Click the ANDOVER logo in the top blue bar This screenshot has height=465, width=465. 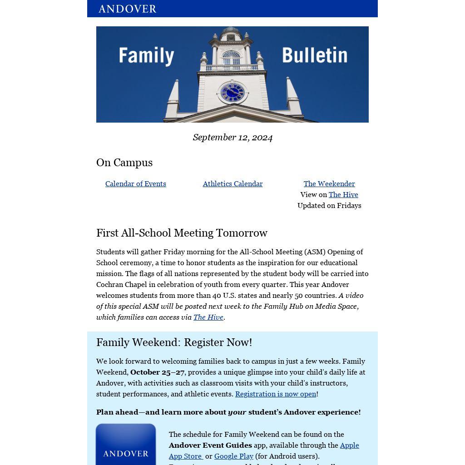point(127,9)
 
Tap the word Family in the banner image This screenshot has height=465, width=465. point(146,56)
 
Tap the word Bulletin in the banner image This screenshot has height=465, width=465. point(315,55)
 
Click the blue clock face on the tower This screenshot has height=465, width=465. point(232,93)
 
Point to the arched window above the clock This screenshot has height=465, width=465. point(231,58)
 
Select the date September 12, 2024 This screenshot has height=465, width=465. point(232,137)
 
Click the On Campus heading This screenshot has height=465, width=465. point(124,163)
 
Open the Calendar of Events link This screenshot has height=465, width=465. point(136,183)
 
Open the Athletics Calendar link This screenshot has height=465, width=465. point(232,183)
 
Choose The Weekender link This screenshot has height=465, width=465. point(329,183)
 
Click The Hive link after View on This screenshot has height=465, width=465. point(343,194)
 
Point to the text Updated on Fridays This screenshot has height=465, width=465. point(329,205)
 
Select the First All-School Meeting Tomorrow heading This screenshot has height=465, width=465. point(182,233)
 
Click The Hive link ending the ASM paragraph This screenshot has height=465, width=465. point(208,317)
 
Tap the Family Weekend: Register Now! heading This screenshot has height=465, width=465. point(174,342)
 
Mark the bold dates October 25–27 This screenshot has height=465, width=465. point(157,372)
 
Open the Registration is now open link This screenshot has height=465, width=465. point(276,394)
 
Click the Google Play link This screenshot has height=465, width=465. point(234,456)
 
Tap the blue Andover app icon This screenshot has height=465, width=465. point(126,445)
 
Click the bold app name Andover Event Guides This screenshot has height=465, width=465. point(210,445)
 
